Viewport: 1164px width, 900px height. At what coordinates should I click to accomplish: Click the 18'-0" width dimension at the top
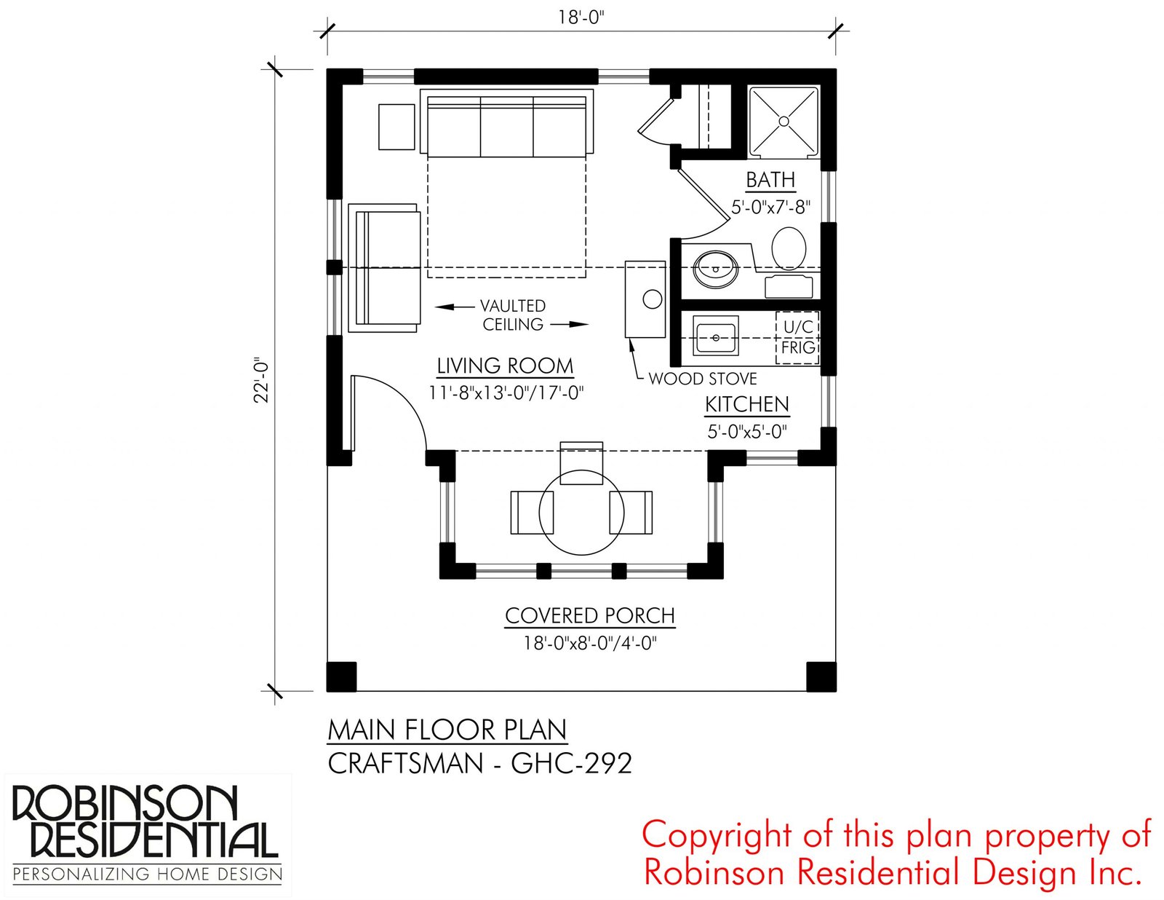pos(581,17)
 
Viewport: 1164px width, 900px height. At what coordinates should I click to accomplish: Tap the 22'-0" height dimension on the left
pos(262,380)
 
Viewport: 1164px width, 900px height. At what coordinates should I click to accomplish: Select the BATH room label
pos(770,180)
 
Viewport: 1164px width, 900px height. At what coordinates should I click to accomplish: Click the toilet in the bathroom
pos(789,248)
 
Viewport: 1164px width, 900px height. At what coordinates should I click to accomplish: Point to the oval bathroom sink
pos(716,269)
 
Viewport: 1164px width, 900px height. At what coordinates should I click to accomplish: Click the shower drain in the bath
pos(784,121)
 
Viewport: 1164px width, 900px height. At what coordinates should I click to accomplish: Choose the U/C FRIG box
pos(797,338)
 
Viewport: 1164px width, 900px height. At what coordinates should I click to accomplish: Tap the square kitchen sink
pos(716,336)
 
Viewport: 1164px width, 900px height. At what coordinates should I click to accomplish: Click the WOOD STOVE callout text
pos(702,379)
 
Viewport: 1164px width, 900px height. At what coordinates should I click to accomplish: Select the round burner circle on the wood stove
pos(653,299)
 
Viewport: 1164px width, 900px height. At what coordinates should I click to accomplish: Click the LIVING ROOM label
pos(505,366)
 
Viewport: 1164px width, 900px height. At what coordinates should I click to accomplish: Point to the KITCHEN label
pos(746,404)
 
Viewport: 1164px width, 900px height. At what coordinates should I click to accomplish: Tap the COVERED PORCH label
pos(590,615)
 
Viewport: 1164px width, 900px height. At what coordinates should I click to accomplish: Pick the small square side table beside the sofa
pos(396,127)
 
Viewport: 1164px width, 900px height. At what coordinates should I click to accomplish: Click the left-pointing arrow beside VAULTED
pos(454,307)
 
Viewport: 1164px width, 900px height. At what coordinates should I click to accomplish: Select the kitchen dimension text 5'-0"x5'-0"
pos(746,432)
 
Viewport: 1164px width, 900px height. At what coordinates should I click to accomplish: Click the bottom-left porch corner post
pos(341,677)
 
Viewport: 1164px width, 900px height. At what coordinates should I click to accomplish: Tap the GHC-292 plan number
pos(571,763)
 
